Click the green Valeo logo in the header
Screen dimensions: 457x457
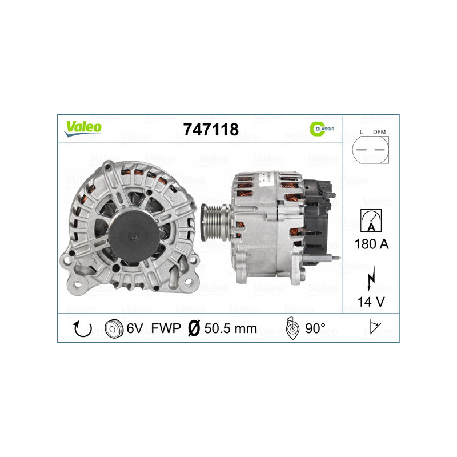click(82, 128)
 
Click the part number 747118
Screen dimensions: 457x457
click(210, 130)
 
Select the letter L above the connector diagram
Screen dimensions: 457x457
click(361, 132)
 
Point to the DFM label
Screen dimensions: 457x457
click(379, 132)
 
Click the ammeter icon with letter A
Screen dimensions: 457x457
click(371, 219)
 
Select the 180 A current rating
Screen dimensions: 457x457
click(371, 244)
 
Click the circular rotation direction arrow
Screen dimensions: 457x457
click(83, 329)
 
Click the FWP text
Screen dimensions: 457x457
click(167, 329)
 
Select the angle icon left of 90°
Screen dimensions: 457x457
click(291, 329)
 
